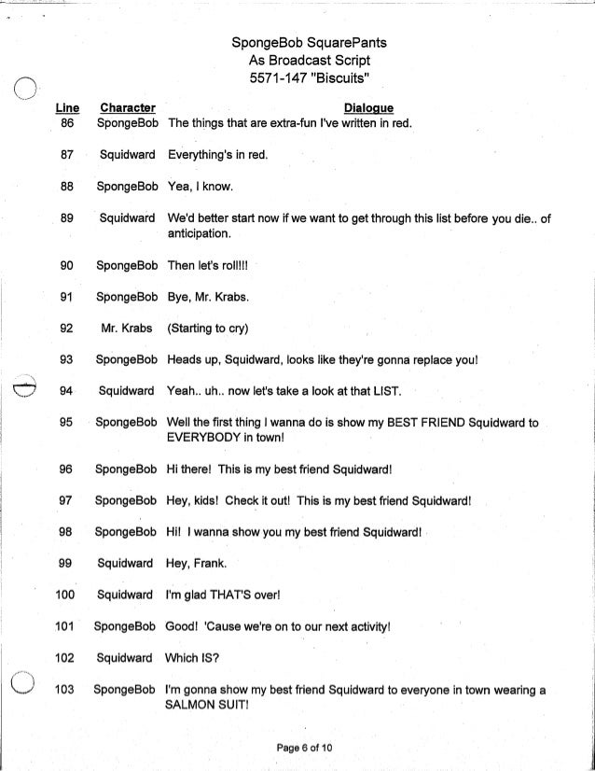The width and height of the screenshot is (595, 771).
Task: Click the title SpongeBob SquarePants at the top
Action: click(297, 43)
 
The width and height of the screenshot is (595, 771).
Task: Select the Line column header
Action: click(66, 108)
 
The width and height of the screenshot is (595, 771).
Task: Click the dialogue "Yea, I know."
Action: click(199, 186)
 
